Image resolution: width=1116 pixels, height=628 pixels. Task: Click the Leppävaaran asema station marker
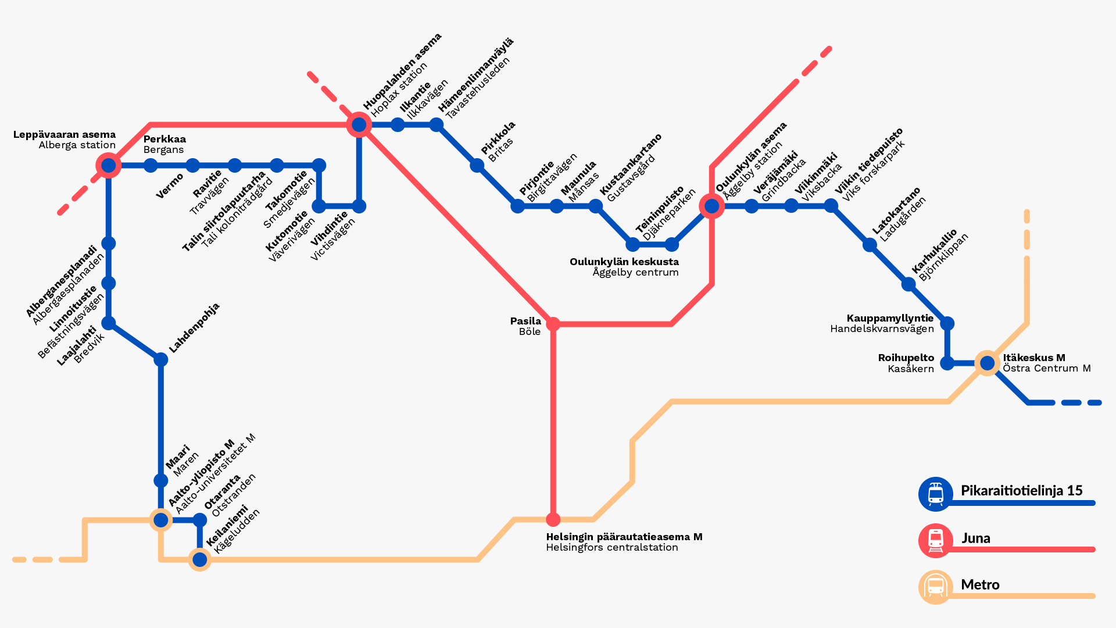tap(109, 166)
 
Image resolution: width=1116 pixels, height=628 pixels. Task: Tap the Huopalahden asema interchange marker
tap(359, 124)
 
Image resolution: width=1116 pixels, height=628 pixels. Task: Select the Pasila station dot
tap(553, 324)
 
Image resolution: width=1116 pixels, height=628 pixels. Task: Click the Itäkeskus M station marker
tap(987, 363)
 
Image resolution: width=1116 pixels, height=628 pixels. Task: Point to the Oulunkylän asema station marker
tap(712, 206)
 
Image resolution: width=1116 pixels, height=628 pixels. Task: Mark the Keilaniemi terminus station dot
tap(200, 559)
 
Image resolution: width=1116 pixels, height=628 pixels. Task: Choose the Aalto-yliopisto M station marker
tap(161, 519)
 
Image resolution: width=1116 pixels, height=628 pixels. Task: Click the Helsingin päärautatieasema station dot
tap(553, 519)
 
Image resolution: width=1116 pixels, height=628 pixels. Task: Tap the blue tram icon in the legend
tap(935, 494)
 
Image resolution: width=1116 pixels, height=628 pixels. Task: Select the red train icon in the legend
tap(935, 540)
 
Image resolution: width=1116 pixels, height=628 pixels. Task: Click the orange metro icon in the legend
tap(935, 587)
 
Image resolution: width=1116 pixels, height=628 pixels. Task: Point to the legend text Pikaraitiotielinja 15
tap(1021, 491)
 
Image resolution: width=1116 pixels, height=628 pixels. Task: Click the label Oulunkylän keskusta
tap(624, 262)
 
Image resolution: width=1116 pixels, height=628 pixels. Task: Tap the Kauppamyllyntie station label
tap(889, 318)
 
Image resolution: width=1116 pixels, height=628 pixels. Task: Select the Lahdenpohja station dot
tap(161, 359)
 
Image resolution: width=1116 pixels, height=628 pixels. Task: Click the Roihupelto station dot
tap(947, 363)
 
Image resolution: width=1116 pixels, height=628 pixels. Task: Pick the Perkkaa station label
tap(164, 139)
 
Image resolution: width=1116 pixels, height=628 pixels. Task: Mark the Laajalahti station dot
tap(109, 323)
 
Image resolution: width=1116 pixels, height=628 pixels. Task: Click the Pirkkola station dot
tap(477, 166)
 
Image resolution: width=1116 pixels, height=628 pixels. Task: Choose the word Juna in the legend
tap(975, 538)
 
